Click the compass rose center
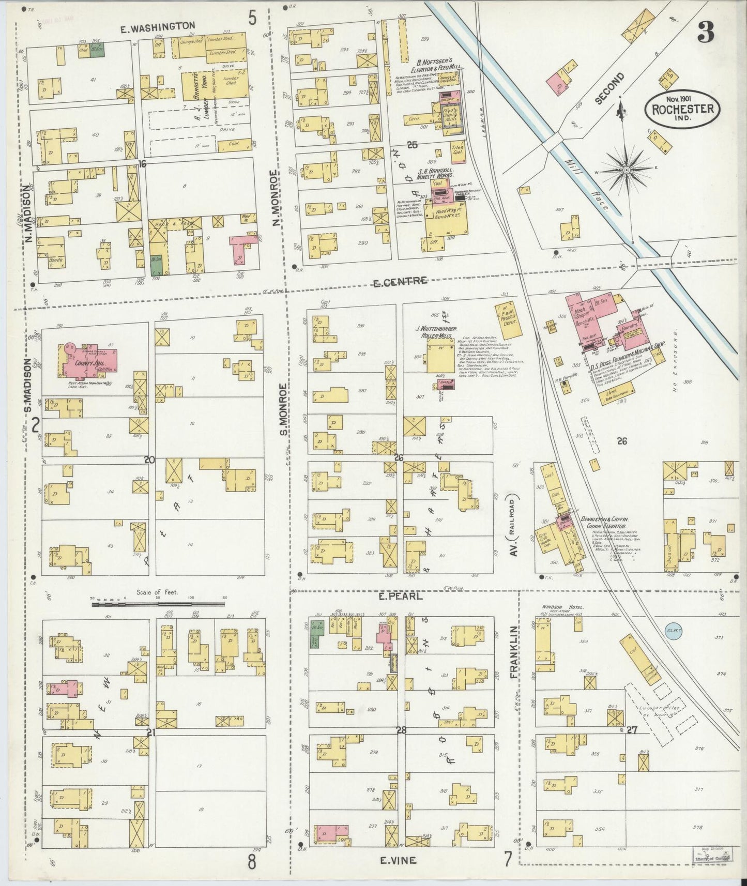point(626,170)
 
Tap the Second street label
point(610,88)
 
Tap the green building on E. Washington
point(98,50)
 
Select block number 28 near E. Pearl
point(401,730)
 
